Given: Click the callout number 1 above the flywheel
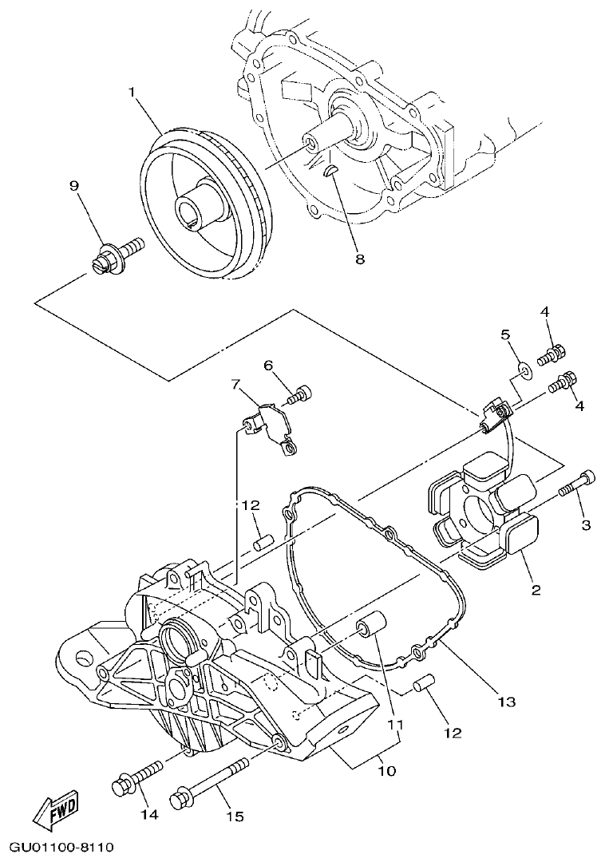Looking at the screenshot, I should (x=132, y=92).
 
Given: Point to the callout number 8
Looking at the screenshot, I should (x=359, y=259).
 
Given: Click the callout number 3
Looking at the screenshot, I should (x=585, y=524).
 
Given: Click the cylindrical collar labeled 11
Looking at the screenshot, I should (x=374, y=627).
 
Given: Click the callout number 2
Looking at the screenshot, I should (x=536, y=591).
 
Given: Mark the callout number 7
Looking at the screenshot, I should (x=235, y=384).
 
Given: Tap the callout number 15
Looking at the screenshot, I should (x=234, y=817).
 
